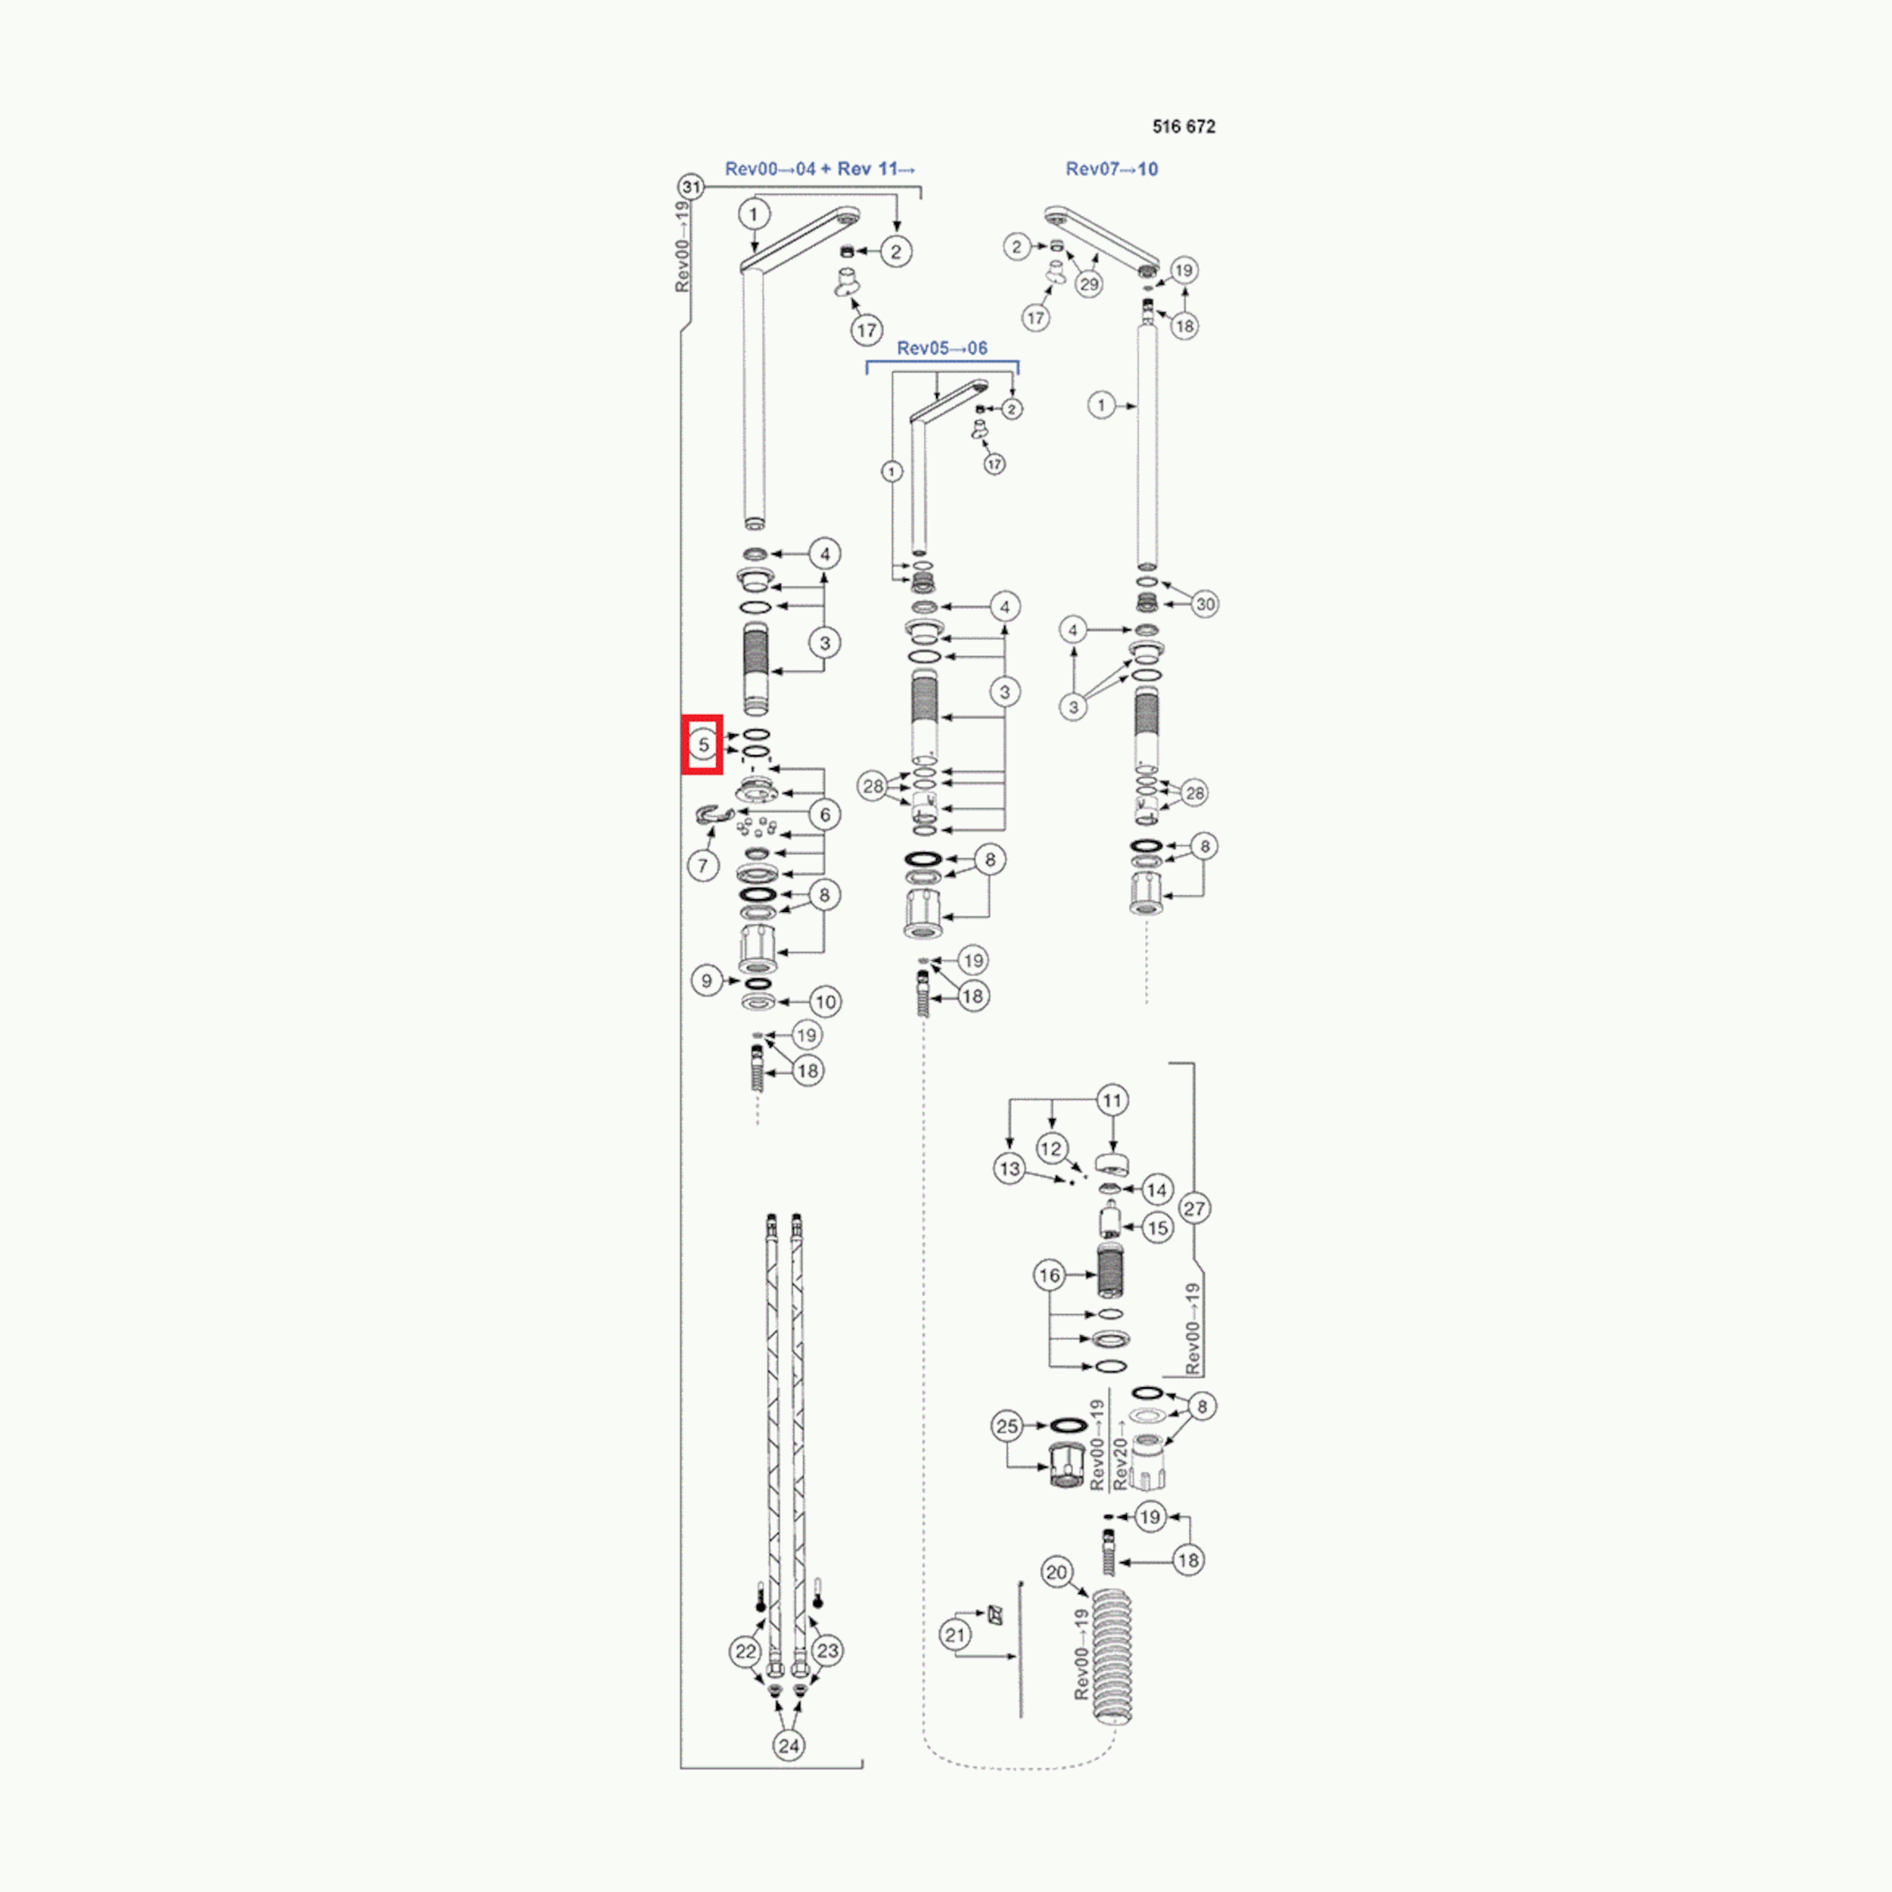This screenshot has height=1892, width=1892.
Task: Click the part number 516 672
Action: point(1183,126)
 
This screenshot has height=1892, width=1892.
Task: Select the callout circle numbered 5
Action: point(703,744)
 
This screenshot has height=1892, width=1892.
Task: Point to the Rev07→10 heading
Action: point(1112,169)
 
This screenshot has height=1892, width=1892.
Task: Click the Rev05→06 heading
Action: point(942,347)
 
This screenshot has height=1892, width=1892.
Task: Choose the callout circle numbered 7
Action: point(702,866)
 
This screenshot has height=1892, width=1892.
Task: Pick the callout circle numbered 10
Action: point(826,1002)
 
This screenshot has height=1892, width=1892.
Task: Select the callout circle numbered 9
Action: point(707,980)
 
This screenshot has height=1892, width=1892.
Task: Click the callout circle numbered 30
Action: point(1205,604)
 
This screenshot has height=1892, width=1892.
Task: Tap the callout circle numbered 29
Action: point(1089,284)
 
